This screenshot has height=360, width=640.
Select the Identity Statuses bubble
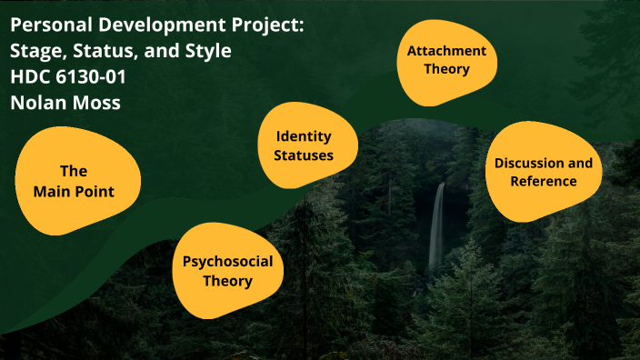[303, 145]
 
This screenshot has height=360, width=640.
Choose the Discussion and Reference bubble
[542, 172]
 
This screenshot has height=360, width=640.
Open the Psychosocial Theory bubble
[226, 271]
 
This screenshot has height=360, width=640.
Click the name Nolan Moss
[65, 103]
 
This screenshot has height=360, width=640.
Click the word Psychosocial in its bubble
[227, 262]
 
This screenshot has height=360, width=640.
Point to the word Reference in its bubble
[543, 181]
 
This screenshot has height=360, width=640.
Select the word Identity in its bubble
[304, 136]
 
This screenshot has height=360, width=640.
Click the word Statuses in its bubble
[304, 155]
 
